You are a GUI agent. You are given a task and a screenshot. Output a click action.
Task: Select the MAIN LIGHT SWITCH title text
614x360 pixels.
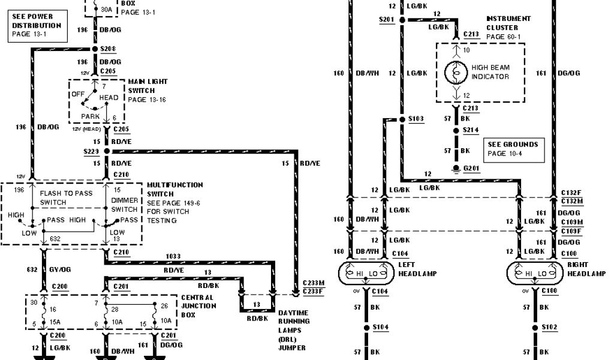pyautogui.click(x=148, y=86)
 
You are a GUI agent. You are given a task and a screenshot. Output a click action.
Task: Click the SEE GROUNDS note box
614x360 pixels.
pyautogui.click(x=511, y=149)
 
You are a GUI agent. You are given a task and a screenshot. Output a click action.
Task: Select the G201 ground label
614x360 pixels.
pyautogui.click(x=470, y=167)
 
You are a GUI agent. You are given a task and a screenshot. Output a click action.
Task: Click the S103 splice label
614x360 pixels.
pyautogui.click(x=416, y=119)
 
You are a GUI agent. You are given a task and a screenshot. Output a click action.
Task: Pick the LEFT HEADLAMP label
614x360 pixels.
pyautogui.click(x=417, y=269)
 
